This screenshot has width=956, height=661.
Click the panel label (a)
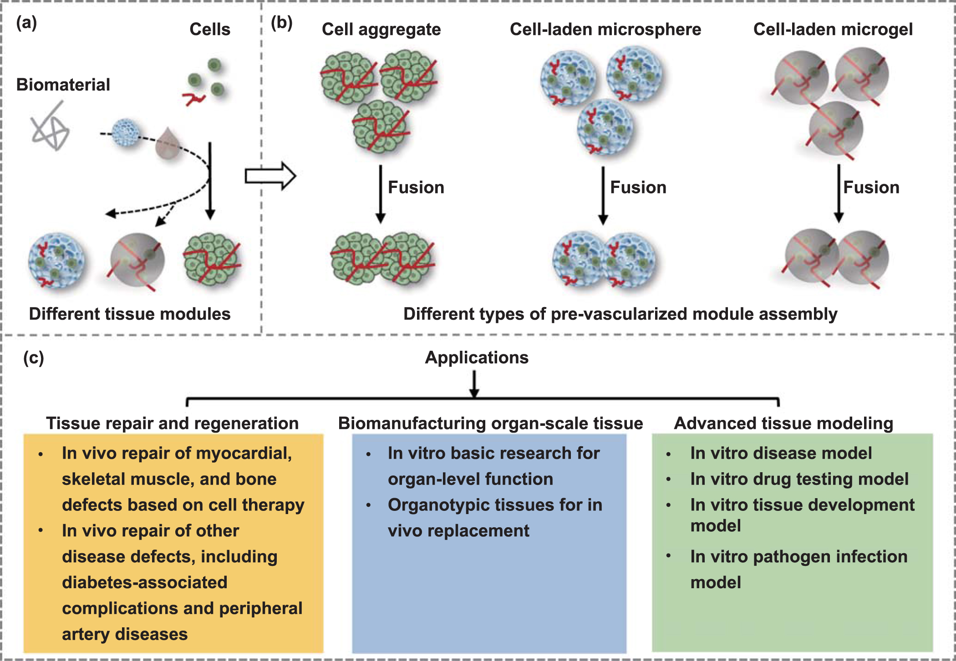point(26,22)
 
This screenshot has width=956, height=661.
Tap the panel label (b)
point(281,22)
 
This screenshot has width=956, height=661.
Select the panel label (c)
point(33,358)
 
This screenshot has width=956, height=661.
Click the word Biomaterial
point(63,85)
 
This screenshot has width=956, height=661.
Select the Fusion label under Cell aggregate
point(416,187)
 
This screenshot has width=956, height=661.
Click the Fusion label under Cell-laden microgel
point(871,187)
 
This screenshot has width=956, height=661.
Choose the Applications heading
point(477,358)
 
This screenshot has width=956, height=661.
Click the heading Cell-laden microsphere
point(605,29)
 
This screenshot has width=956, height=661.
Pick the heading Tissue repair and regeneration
point(172,423)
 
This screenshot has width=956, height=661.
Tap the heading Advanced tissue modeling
point(783,423)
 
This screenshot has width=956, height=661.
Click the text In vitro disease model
point(780,453)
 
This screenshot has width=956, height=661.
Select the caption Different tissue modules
point(130,314)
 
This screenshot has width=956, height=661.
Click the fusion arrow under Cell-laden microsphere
point(603,196)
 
